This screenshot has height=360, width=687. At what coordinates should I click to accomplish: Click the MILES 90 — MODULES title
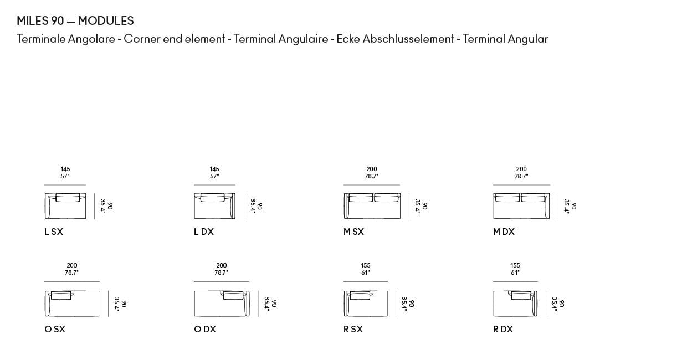pos(75,21)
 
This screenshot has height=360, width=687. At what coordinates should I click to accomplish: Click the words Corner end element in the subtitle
pos(175,39)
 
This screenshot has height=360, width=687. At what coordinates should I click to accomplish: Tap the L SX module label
pos(54,232)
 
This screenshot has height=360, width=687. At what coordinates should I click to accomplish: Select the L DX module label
pos(204,232)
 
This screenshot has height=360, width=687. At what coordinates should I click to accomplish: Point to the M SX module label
pos(353,232)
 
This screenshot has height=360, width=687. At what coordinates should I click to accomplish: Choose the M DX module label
pos(504,232)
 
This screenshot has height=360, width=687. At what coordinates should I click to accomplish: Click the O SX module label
pos(55,329)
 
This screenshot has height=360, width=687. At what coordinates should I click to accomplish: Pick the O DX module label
pos(205,329)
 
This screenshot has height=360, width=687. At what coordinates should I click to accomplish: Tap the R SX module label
pos(353,329)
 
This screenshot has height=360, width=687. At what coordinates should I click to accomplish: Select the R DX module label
pos(503,329)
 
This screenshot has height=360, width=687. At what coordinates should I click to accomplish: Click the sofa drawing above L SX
pos(65,206)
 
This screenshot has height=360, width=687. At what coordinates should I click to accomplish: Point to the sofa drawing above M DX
pos(521,206)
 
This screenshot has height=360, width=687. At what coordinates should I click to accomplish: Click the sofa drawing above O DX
pos(222,304)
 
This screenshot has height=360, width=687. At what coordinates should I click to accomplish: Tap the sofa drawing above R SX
pos(366,304)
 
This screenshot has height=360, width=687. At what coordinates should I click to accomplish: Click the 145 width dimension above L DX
pos(214,169)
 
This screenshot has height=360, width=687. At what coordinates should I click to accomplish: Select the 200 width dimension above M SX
pos(372,169)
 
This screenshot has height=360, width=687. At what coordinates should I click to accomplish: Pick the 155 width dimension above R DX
pos(515,266)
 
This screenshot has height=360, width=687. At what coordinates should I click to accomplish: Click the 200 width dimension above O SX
pos(72,266)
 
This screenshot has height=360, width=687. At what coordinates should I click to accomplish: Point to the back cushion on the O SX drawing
pos(61,295)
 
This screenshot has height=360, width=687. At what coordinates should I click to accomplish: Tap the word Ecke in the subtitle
pos(348,39)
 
